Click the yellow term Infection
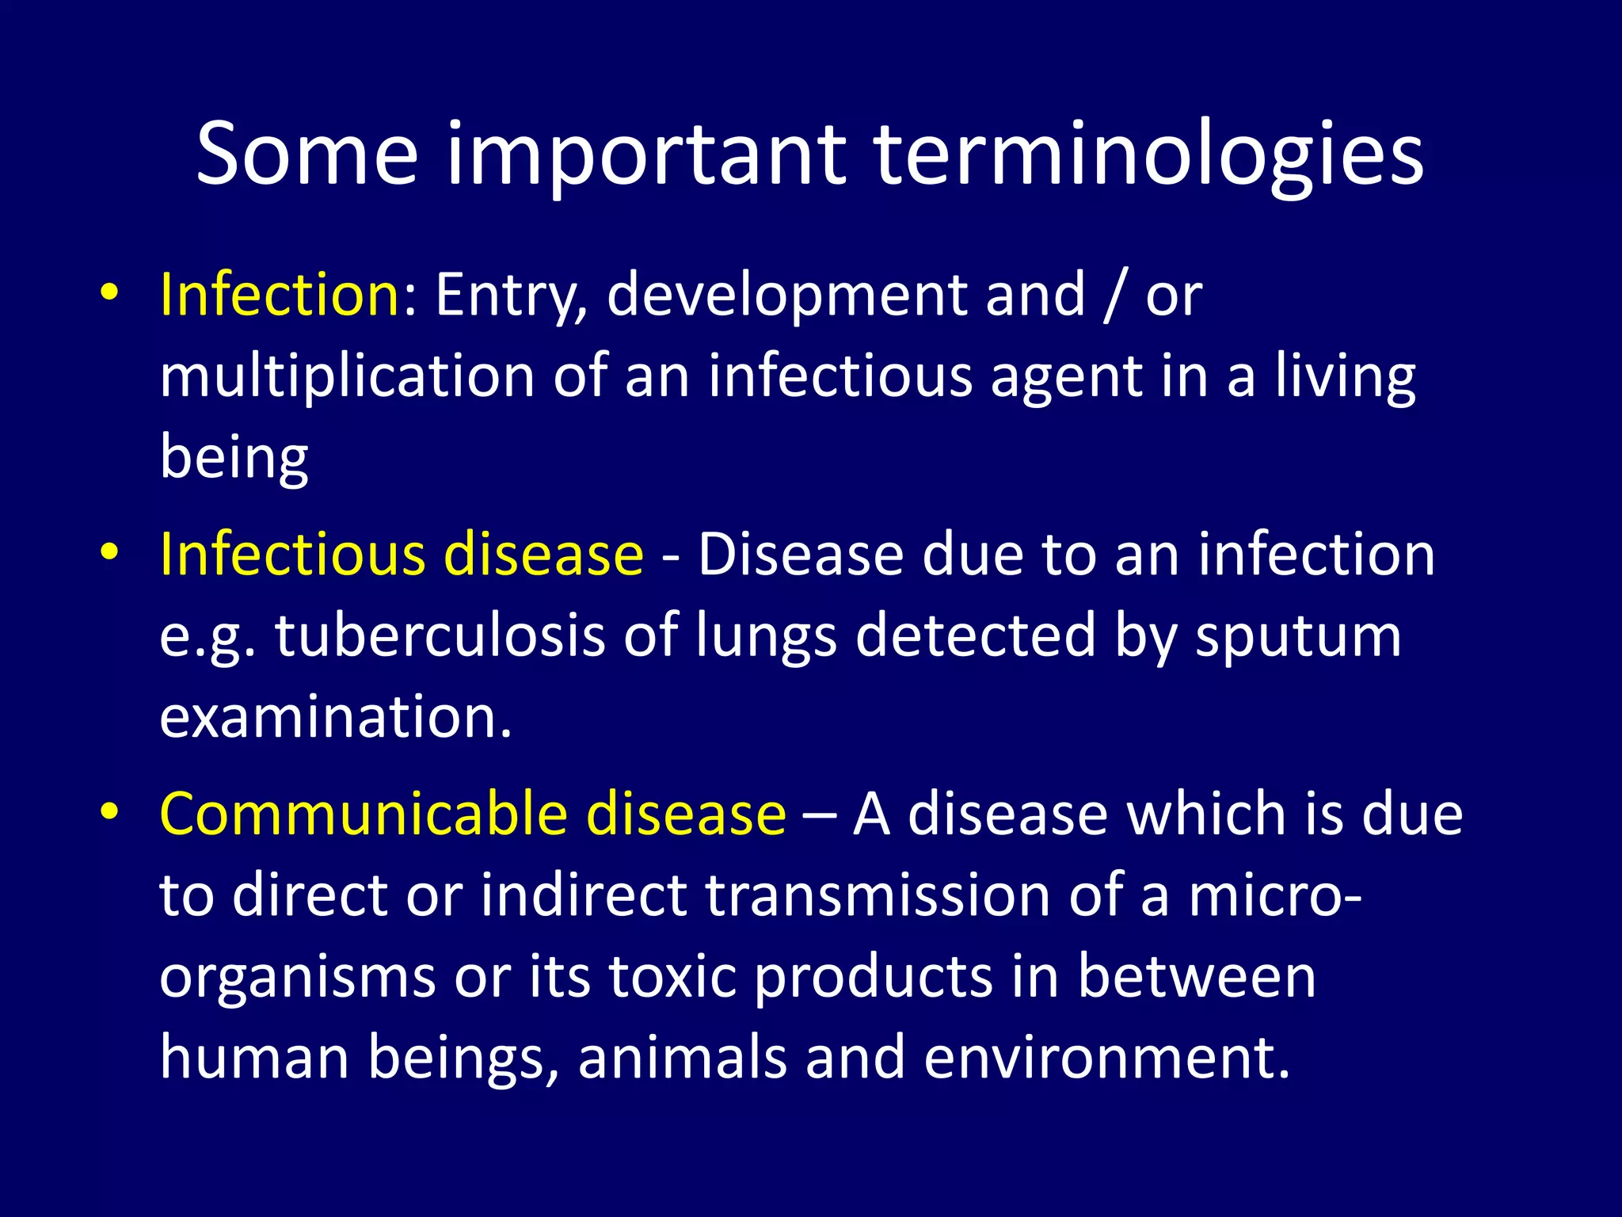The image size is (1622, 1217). pyautogui.click(x=280, y=295)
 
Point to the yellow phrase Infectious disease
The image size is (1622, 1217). pyautogui.click(x=402, y=555)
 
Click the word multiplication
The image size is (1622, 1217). pyautogui.click(x=347, y=376)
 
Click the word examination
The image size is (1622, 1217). pyautogui.click(x=335, y=717)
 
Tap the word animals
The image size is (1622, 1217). pyautogui.click(x=682, y=1058)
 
